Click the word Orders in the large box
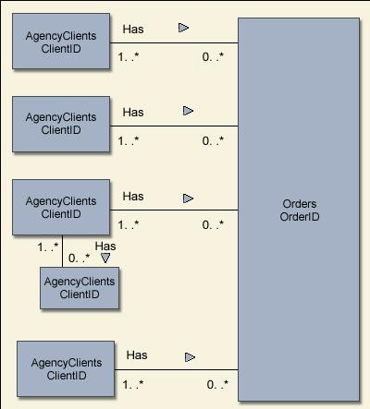point(300,204)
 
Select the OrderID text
point(300,217)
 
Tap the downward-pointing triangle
point(105,258)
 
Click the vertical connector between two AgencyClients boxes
point(62,251)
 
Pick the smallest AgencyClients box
point(80,288)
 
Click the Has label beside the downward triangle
point(105,246)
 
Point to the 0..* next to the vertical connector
point(79,258)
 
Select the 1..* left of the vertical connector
point(48,247)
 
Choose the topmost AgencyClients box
point(61,41)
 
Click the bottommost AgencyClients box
point(66,368)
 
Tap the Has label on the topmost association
point(133,30)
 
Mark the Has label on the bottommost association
point(137,355)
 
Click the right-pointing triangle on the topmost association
point(183,28)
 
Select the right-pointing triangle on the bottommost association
point(190,357)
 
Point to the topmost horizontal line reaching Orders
point(174,42)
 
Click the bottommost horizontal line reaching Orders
point(176,369)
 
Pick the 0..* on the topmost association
point(213,56)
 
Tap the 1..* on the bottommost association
point(133,384)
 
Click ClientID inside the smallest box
point(80,295)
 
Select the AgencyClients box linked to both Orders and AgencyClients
point(61,207)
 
